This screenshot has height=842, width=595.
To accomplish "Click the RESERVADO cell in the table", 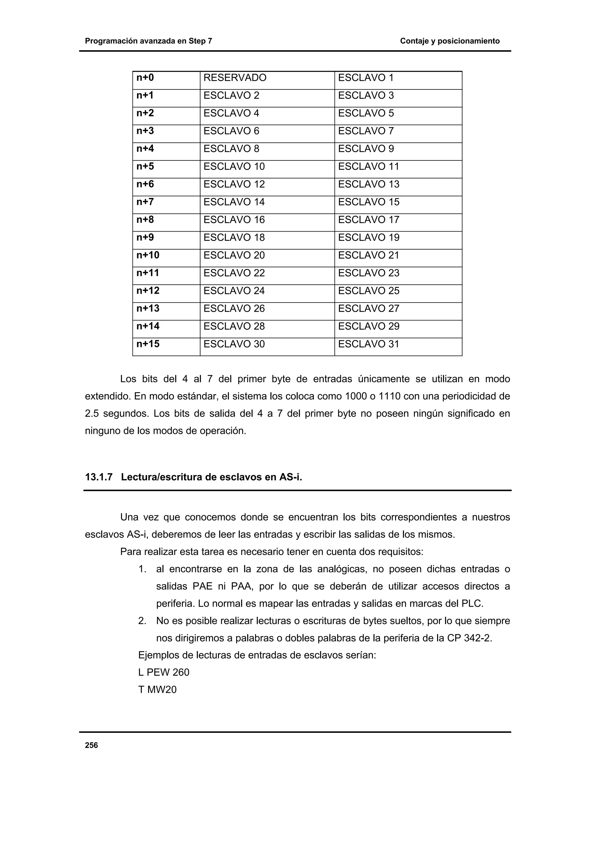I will pyautogui.click(x=235, y=78).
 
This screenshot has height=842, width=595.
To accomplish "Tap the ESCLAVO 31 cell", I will pyautogui.click(x=368, y=344).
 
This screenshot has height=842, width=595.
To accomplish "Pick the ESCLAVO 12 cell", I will pyautogui.click(x=234, y=184).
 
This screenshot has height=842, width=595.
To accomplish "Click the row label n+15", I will pyautogui.click(x=148, y=344).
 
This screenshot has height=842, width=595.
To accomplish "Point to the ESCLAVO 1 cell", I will pyautogui.click(x=365, y=78).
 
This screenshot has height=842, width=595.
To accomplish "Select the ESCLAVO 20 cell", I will pyautogui.click(x=234, y=255).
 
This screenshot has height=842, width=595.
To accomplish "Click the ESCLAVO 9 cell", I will pyautogui.click(x=365, y=149).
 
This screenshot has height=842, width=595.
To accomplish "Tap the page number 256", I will pyautogui.click(x=91, y=745).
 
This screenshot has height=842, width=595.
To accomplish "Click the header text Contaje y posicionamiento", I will pyautogui.click(x=449, y=41).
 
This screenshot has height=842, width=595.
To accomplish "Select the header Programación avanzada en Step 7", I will pyautogui.click(x=148, y=41).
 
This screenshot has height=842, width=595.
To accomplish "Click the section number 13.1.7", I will pyautogui.click(x=98, y=477).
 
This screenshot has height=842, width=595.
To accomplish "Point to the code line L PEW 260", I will pyautogui.click(x=164, y=672).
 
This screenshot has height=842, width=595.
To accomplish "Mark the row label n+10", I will pyautogui.click(x=148, y=255).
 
